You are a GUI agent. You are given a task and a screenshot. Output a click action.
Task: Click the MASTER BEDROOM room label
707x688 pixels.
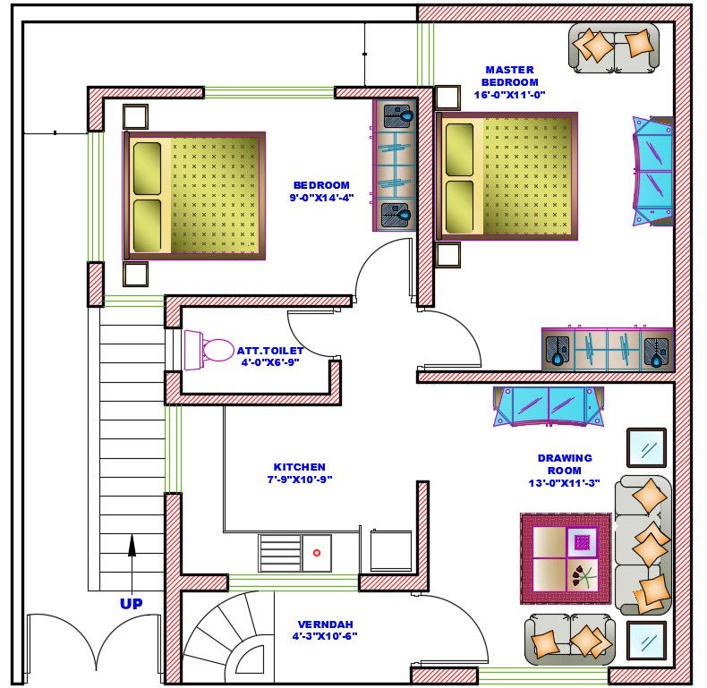[509, 81]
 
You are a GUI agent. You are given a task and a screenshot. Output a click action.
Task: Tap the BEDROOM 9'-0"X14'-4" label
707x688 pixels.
[321, 191]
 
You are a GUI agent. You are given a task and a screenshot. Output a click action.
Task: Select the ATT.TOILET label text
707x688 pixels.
[269, 356]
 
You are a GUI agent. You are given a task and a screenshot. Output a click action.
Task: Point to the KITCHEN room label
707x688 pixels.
[299, 472]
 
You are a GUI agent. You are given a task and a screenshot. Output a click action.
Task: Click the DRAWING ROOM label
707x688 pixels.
[564, 471]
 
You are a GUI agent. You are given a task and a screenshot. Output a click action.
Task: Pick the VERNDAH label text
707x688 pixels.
[324, 630]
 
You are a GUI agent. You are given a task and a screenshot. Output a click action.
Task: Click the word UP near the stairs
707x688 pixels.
[131, 604]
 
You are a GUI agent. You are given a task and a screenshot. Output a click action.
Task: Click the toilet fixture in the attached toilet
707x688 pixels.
[209, 350]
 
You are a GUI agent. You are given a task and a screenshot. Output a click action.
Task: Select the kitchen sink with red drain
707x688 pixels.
[316, 553]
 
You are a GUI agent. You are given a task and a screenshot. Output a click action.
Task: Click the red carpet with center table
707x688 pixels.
[566, 558]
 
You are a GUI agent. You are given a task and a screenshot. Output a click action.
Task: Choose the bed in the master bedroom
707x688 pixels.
[507, 176]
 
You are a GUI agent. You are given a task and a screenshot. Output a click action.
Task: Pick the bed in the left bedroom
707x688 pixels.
[194, 196]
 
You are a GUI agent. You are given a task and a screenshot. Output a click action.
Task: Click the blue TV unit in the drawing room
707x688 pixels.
[549, 405]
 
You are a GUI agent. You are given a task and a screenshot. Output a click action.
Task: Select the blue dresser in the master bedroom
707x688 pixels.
[653, 171]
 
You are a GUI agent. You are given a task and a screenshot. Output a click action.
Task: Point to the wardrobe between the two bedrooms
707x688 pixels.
[395, 166]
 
